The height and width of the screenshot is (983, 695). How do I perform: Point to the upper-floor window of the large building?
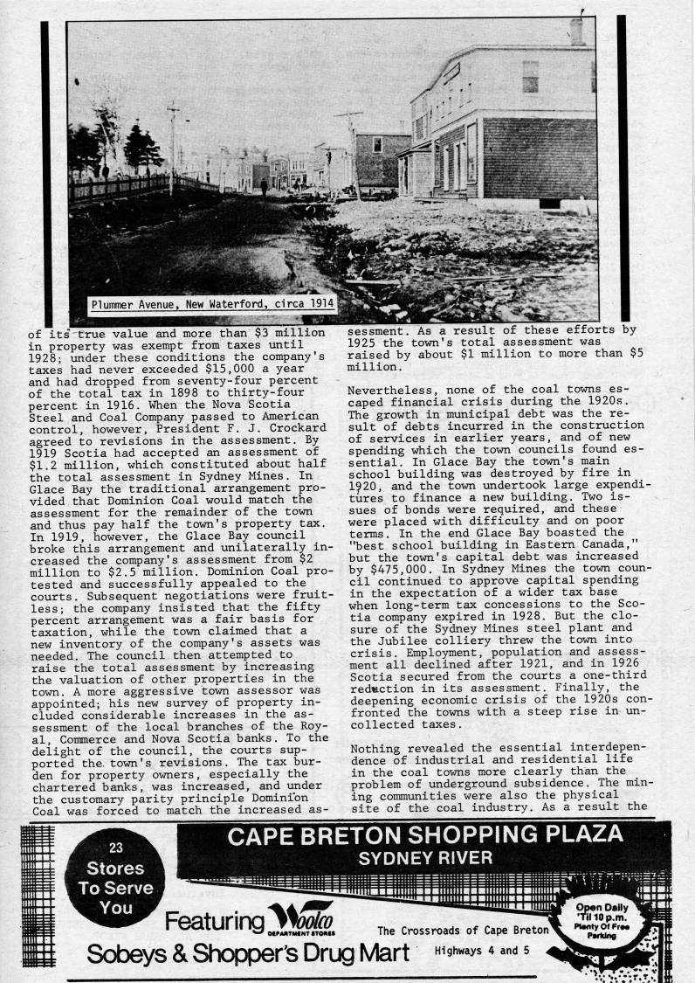coord(530,77)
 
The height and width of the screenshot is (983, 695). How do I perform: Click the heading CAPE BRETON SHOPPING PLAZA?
coord(424,835)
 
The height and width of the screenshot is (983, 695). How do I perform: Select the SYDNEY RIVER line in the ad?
coord(425,858)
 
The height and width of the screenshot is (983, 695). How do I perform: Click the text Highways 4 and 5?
coord(482,950)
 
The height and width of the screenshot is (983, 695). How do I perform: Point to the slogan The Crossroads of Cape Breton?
coord(463,929)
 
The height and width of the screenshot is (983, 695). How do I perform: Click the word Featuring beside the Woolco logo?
coord(214,921)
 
